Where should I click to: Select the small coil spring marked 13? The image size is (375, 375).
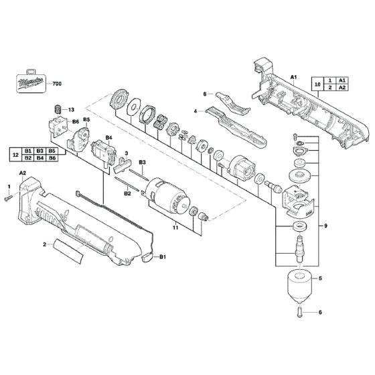(x=57, y=109)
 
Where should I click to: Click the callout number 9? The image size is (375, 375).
(x=326, y=226)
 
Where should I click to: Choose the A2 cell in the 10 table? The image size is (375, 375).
(x=342, y=88)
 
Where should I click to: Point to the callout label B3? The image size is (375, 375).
(x=142, y=163)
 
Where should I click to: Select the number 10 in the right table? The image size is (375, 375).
(x=317, y=84)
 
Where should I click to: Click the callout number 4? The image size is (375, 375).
(x=195, y=111)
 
